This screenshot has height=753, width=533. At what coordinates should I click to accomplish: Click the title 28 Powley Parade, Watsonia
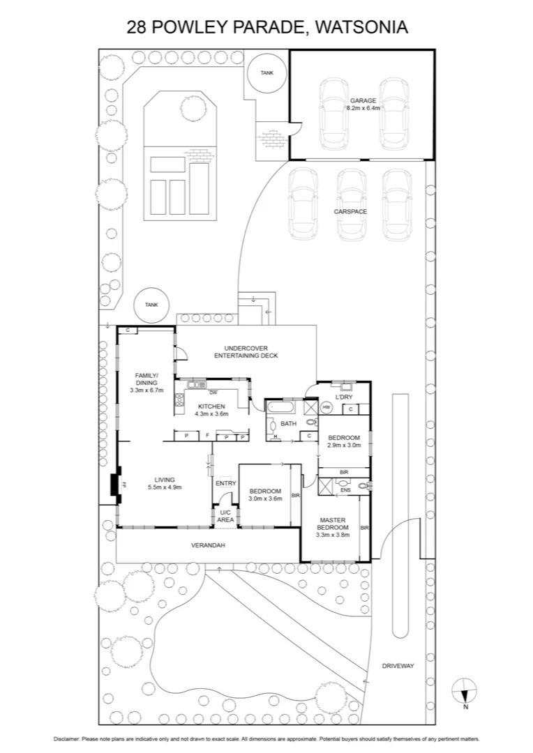pos(266,27)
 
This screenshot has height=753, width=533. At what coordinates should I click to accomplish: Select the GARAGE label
pos(363,100)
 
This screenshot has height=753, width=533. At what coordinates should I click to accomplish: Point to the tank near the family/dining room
pos(151,305)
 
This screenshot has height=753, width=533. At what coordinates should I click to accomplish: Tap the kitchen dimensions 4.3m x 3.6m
pos(211,413)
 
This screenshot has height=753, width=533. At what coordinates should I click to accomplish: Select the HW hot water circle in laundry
pos(326,407)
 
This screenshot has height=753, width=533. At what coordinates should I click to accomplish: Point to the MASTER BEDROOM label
pos(333,524)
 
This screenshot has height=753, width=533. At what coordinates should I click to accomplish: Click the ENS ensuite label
pos(345,489)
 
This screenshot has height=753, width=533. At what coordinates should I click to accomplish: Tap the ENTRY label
pos(225,483)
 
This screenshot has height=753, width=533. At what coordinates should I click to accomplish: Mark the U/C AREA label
pos(225,517)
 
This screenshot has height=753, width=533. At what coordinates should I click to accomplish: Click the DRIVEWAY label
pos(398,666)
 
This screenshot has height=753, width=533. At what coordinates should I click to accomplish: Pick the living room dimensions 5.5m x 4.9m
pos(165,487)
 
